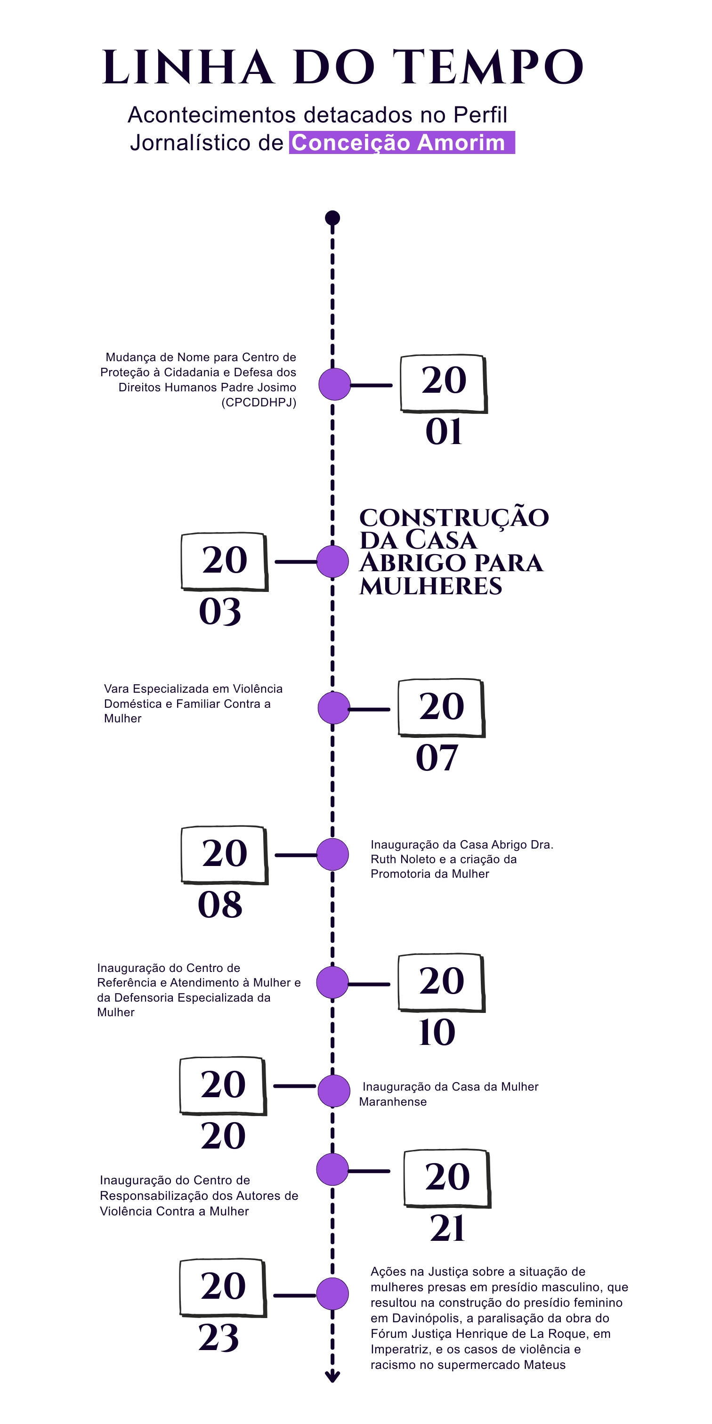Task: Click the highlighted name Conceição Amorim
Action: tap(398, 143)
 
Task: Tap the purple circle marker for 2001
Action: tap(334, 384)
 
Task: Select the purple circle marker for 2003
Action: tap(333, 562)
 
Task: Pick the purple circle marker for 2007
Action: tap(334, 708)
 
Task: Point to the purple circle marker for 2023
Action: tap(333, 1294)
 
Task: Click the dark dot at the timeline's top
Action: tap(332, 218)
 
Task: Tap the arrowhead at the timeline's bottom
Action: tap(332, 1376)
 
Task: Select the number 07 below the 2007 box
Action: tap(437, 758)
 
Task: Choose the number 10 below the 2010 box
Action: tap(437, 1032)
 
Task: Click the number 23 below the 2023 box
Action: tap(219, 1338)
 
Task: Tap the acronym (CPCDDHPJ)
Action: tap(259, 403)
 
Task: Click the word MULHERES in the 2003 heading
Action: tap(430, 586)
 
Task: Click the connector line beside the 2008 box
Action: tap(296, 855)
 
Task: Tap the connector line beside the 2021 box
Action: tap(369, 1171)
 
